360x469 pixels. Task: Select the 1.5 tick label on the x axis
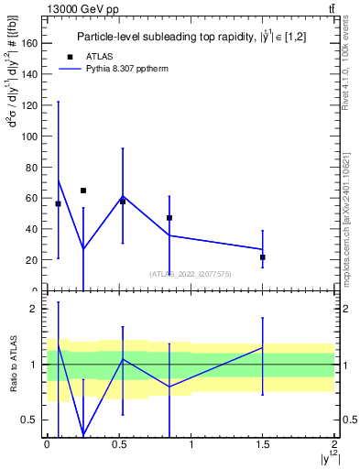click(x=262, y=444)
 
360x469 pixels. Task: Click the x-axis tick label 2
click(x=334, y=444)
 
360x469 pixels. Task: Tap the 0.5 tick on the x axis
click(x=119, y=444)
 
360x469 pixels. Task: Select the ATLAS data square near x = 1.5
click(x=263, y=257)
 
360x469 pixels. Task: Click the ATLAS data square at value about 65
click(x=83, y=191)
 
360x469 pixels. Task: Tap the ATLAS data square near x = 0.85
click(x=169, y=218)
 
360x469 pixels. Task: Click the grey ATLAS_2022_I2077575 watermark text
click(x=191, y=273)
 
